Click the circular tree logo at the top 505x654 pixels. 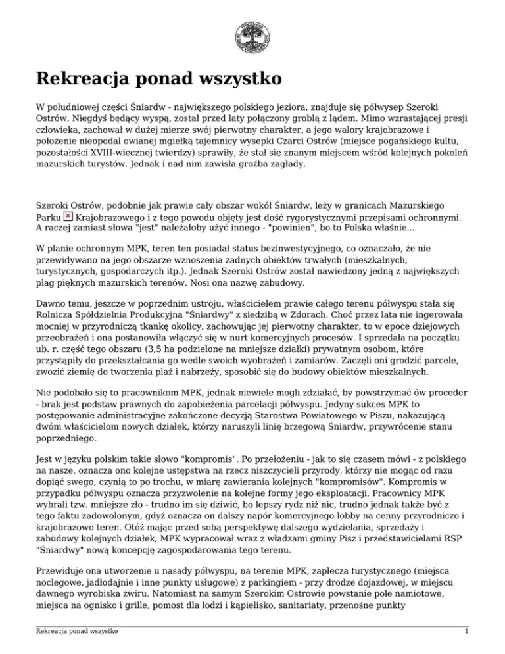click(252, 36)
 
